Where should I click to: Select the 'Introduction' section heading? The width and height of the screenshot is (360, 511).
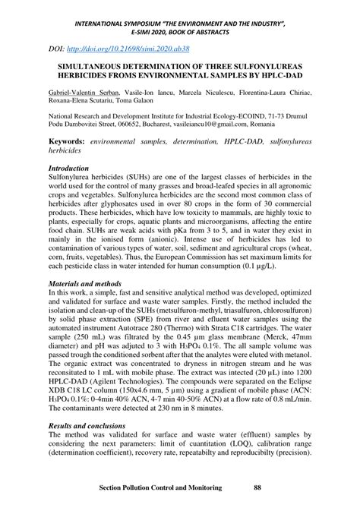pyautogui.click(x=74, y=167)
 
